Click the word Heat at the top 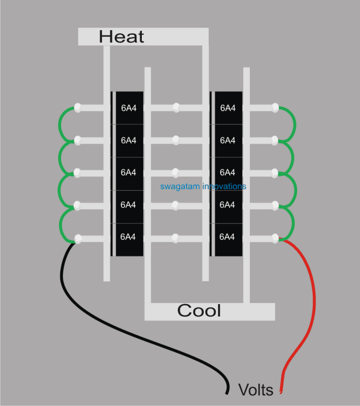(122, 36)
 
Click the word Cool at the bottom (199, 311)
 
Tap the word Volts (256, 389)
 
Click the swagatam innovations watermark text (203, 186)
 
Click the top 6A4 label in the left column (128, 108)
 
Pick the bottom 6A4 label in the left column (128, 237)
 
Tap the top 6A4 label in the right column (228, 108)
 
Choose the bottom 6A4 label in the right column (228, 237)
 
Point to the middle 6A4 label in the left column (128, 172)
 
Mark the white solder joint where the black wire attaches (78, 239)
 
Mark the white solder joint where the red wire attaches (276, 238)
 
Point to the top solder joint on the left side (78, 108)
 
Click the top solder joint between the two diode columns (176, 108)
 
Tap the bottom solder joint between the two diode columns (176, 238)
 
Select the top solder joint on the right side (276, 108)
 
